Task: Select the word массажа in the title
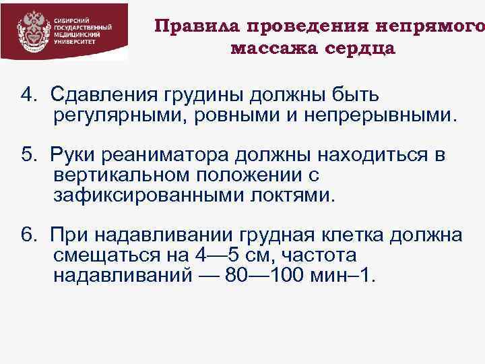pos(271,49)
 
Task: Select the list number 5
pos(28,156)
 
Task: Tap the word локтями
pos(295,196)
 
